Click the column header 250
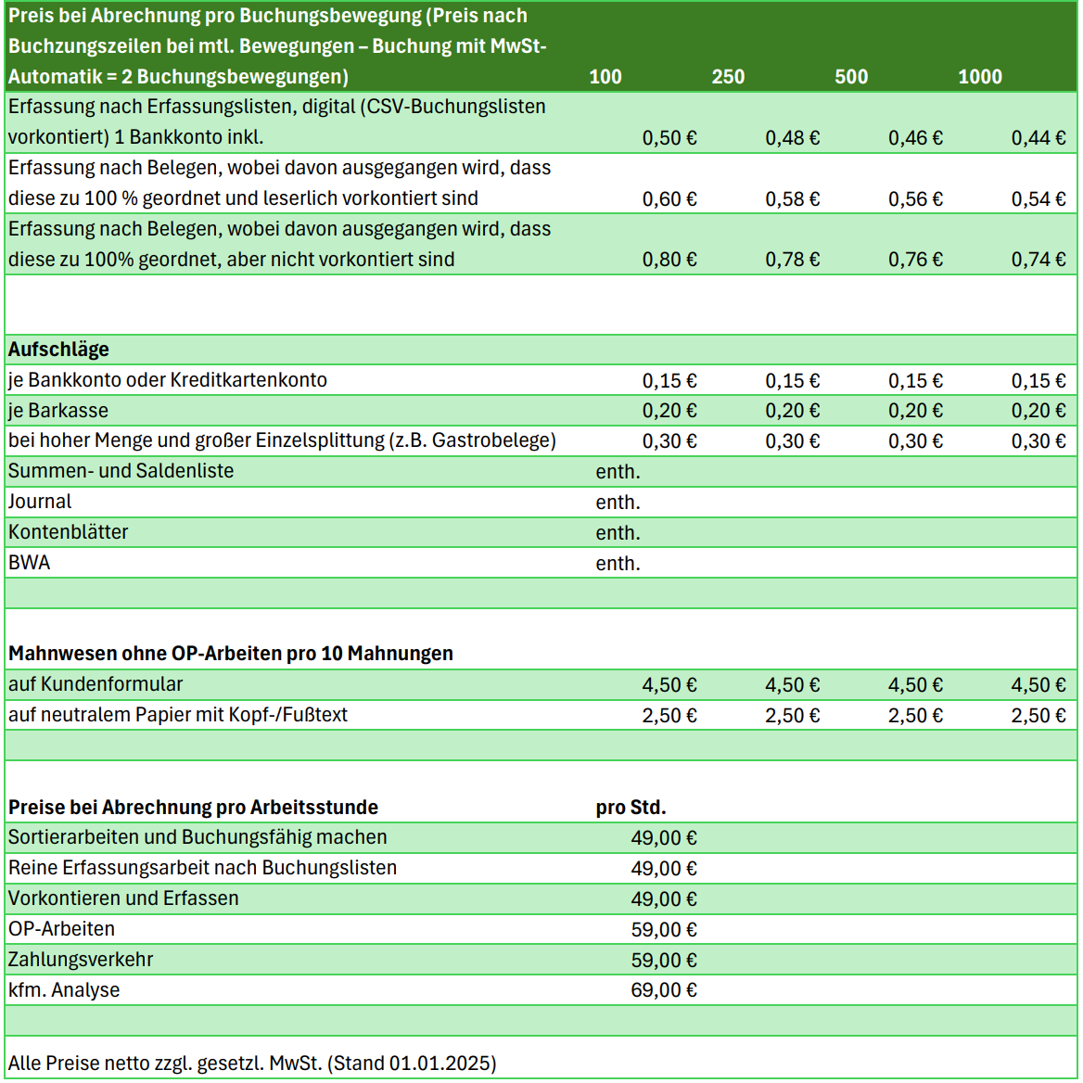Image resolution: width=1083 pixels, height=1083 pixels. [x=728, y=77]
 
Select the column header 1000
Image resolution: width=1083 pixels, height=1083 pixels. [x=980, y=77]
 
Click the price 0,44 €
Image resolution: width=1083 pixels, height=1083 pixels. [x=1038, y=138]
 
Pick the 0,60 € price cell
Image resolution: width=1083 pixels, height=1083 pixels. [x=669, y=199]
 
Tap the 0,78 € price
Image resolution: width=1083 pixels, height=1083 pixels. [x=793, y=261]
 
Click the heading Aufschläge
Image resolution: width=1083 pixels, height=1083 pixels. [x=58, y=350]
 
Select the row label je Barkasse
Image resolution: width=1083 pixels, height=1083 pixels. [x=58, y=411]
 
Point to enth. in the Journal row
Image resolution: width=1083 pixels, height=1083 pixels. [x=618, y=503]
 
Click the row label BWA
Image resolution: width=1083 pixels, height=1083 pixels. [x=30, y=563]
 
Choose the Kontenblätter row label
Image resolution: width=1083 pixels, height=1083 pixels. [x=69, y=532]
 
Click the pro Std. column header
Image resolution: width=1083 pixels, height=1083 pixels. [x=631, y=808]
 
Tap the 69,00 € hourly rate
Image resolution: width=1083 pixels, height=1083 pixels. [x=664, y=990]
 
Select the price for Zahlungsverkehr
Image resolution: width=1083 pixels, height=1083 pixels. [x=664, y=960]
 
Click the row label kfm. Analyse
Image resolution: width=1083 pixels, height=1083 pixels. [x=64, y=990]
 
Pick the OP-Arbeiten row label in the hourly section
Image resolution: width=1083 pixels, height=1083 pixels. [x=62, y=929]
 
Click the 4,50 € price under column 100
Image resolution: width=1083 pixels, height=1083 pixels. [x=669, y=685]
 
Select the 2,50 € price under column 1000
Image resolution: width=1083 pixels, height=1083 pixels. [x=1038, y=716]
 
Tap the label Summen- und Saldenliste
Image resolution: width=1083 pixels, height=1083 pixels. [x=121, y=471]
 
